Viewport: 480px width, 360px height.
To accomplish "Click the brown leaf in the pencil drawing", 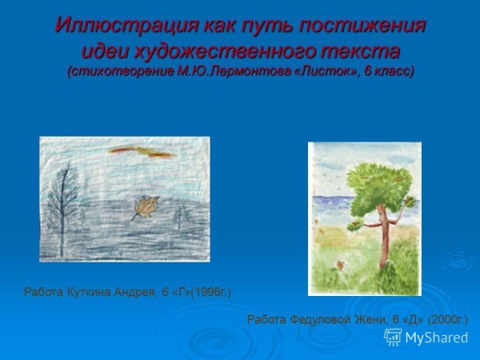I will pyautogui.click(x=145, y=208).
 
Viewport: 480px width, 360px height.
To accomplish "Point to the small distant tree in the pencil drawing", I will pyautogui.click(x=181, y=215).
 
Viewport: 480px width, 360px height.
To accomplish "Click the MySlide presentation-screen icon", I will pyautogui.click(x=393, y=337).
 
